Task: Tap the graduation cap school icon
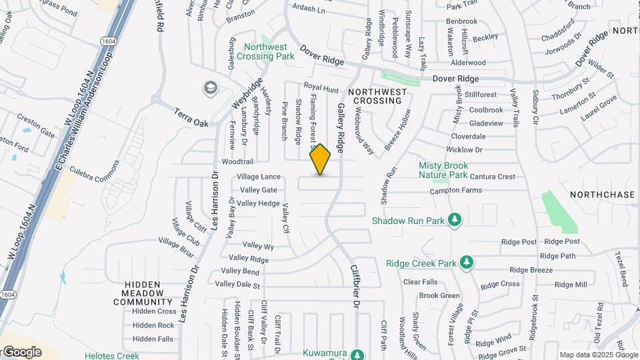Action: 211,88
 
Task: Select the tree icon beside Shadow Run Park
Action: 455,219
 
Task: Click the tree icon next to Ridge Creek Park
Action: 467,263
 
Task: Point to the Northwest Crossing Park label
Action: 269,51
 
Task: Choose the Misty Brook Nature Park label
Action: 443,170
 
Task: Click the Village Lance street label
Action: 259,177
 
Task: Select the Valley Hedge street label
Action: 258,203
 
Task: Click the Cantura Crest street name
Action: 493,177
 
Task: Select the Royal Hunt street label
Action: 321,87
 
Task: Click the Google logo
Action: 21,352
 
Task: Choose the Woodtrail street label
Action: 237,162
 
